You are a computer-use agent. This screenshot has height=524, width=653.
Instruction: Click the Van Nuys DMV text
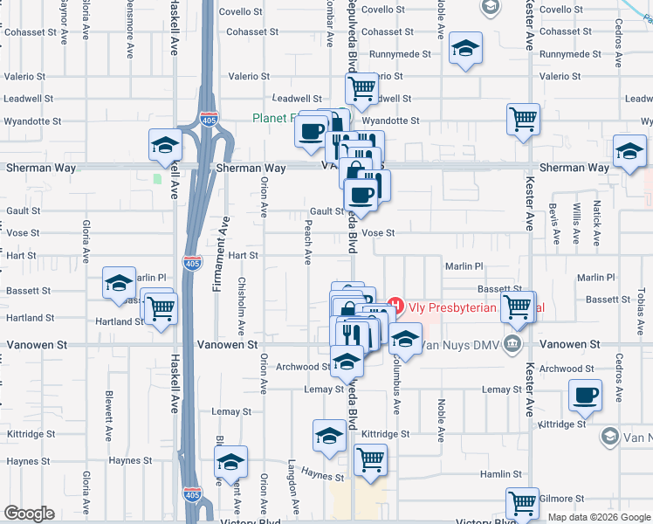(x=457, y=344)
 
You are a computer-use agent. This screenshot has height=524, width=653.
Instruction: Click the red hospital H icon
(x=395, y=307)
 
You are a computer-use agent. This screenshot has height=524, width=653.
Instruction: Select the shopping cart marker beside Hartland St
(x=161, y=307)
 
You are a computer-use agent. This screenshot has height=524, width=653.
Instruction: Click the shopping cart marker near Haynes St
(x=371, y=458)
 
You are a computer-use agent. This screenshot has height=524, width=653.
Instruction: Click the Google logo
(x=29, y=514)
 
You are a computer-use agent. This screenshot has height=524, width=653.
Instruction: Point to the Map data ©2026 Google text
(x=598, y=517)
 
